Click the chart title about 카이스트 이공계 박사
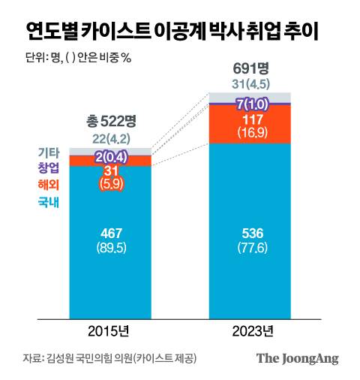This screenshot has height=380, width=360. pyautogui.click(x=170, y=31)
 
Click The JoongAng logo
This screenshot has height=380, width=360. pyautogui.click(x=298, y=358)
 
